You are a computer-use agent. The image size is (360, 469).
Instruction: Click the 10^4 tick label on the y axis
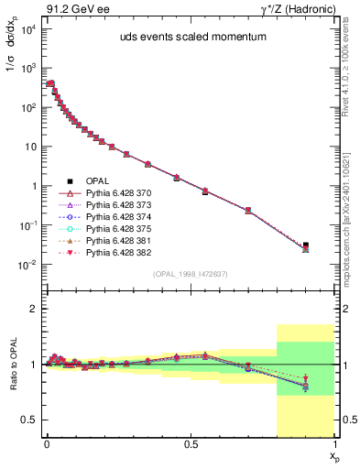click(27, 29)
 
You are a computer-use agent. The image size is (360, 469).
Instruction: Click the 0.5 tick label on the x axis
click(191, 443)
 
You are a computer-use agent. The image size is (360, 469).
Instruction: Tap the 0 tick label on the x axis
click(47, 443)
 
